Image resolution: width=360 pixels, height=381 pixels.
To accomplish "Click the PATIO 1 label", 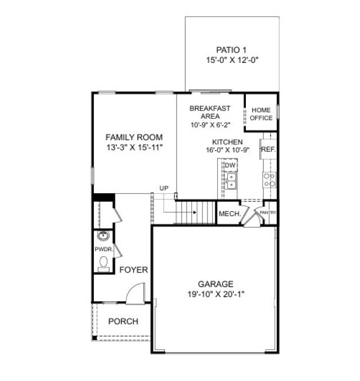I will pos(232,49).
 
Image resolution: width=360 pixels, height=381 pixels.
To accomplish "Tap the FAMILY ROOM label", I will pos(134,137).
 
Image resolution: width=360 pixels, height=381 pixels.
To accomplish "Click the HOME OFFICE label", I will pos(262,114).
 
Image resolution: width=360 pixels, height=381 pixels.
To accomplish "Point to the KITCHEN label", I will pos(227,142).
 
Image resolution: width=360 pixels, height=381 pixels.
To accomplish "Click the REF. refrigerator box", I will pos(267,149).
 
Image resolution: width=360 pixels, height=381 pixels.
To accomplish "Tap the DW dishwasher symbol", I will pos(230,166).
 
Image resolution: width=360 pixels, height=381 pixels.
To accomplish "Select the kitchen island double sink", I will pos(231,180).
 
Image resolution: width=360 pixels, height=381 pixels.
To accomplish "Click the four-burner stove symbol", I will pos(269,180).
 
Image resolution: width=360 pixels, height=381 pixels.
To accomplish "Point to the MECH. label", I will pos(229,214).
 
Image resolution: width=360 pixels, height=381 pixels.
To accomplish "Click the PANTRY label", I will pos(268,213).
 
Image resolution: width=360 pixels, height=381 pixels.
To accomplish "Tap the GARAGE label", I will pos(215,284).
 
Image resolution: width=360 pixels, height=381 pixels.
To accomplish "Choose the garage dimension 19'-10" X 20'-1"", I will pos(215,293).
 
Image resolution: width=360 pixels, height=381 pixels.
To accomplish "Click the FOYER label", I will pos(133,270).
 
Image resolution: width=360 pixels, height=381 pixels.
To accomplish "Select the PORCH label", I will pos(123,321).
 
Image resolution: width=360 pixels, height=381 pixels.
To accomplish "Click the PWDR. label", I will pos(102,249).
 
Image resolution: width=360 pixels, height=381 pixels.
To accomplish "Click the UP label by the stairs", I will pos(164,188).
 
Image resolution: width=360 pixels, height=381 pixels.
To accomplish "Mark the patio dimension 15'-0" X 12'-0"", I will pos(232,59).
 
